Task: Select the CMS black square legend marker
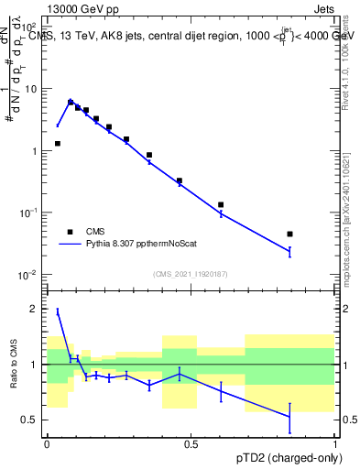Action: pos(70,232)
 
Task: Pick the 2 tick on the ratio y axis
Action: pos(36,309)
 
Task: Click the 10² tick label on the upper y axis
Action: pos(31,28)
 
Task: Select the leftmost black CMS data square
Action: pos(58,144)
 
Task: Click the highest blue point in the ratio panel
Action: pos(58,311)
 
